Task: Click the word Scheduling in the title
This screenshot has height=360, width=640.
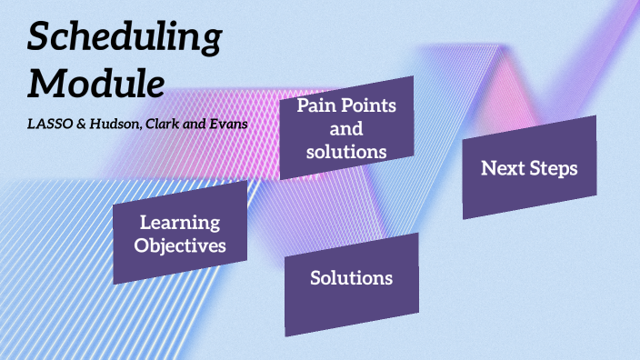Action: (125, 38)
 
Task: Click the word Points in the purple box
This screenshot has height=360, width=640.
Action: (368, 105)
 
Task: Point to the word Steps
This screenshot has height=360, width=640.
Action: (554, 167)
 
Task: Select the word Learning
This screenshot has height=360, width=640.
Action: (179, 223)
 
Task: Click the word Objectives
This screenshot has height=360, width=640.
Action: (179, 245)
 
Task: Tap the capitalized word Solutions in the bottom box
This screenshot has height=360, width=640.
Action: (351, 277)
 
